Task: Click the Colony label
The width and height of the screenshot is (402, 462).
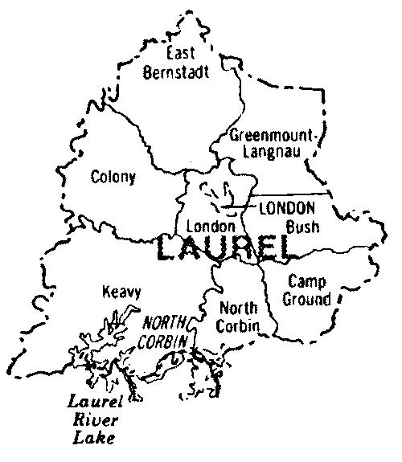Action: click(113, 177)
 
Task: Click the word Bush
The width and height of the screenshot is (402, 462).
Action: click(302, 227)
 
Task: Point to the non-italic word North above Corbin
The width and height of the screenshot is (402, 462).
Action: click(239, 309)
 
